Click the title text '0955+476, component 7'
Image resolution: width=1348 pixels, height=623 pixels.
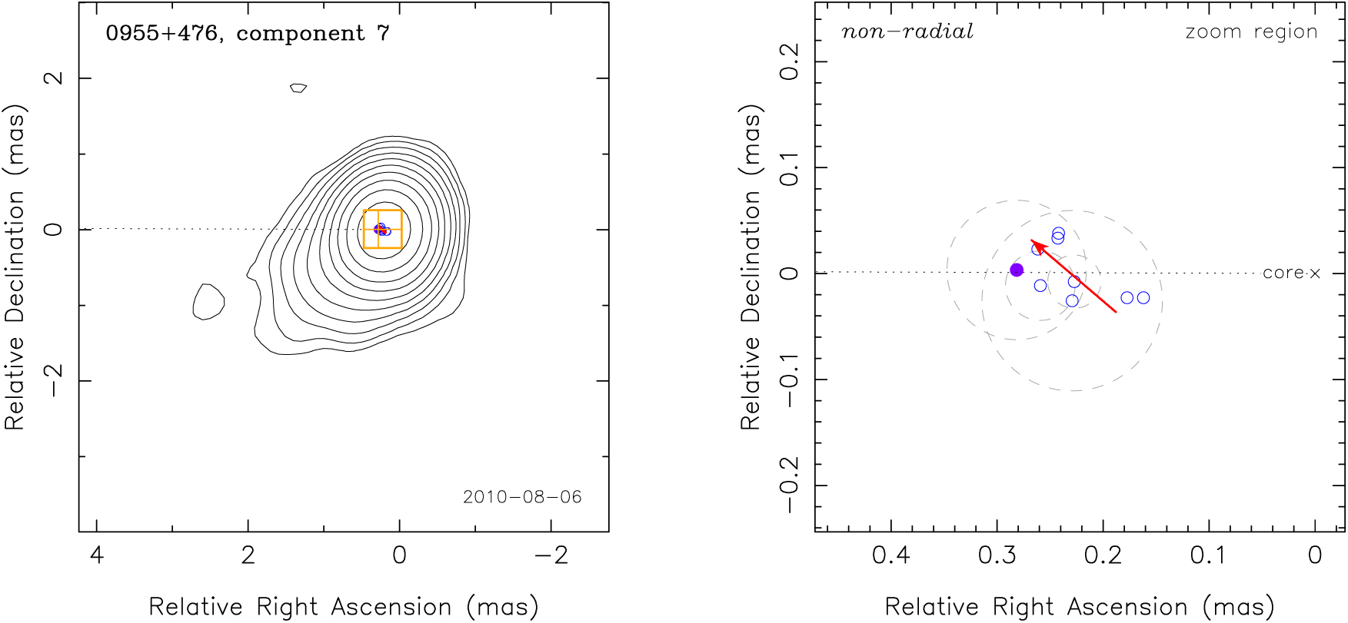(x=247, y=34)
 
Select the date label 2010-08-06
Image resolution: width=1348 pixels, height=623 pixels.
(x=522, y=497)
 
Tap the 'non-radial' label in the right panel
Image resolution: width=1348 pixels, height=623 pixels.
(x=907, y=32)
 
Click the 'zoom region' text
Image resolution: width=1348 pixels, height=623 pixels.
(x=1251, y=32)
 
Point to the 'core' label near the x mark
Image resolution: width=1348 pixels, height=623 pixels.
(x=1283, y=273)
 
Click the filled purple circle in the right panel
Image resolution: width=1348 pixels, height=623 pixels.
(x=1017, y=270)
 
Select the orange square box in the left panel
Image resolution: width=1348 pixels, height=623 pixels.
(x=382, y=229)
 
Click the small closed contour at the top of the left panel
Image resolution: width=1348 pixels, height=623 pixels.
(x=298, y=88)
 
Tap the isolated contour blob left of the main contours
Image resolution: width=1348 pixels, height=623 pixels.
(x=208, y=302)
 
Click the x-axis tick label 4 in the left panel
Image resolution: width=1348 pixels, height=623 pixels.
(x=96, y=555)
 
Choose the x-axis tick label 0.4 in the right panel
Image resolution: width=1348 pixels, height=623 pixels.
(x=890, y=555)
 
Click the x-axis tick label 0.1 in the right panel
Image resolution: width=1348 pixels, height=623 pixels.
(x=1208, y=555)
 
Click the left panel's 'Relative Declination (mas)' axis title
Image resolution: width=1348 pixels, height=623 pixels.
(x=15, y=267)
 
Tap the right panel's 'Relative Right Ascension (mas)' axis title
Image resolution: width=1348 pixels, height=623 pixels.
(x=1080, y=607)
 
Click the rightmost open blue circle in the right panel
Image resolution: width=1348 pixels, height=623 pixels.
(x=1143, y=297)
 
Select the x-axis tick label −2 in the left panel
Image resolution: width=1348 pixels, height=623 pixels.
(x=551, y=555)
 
